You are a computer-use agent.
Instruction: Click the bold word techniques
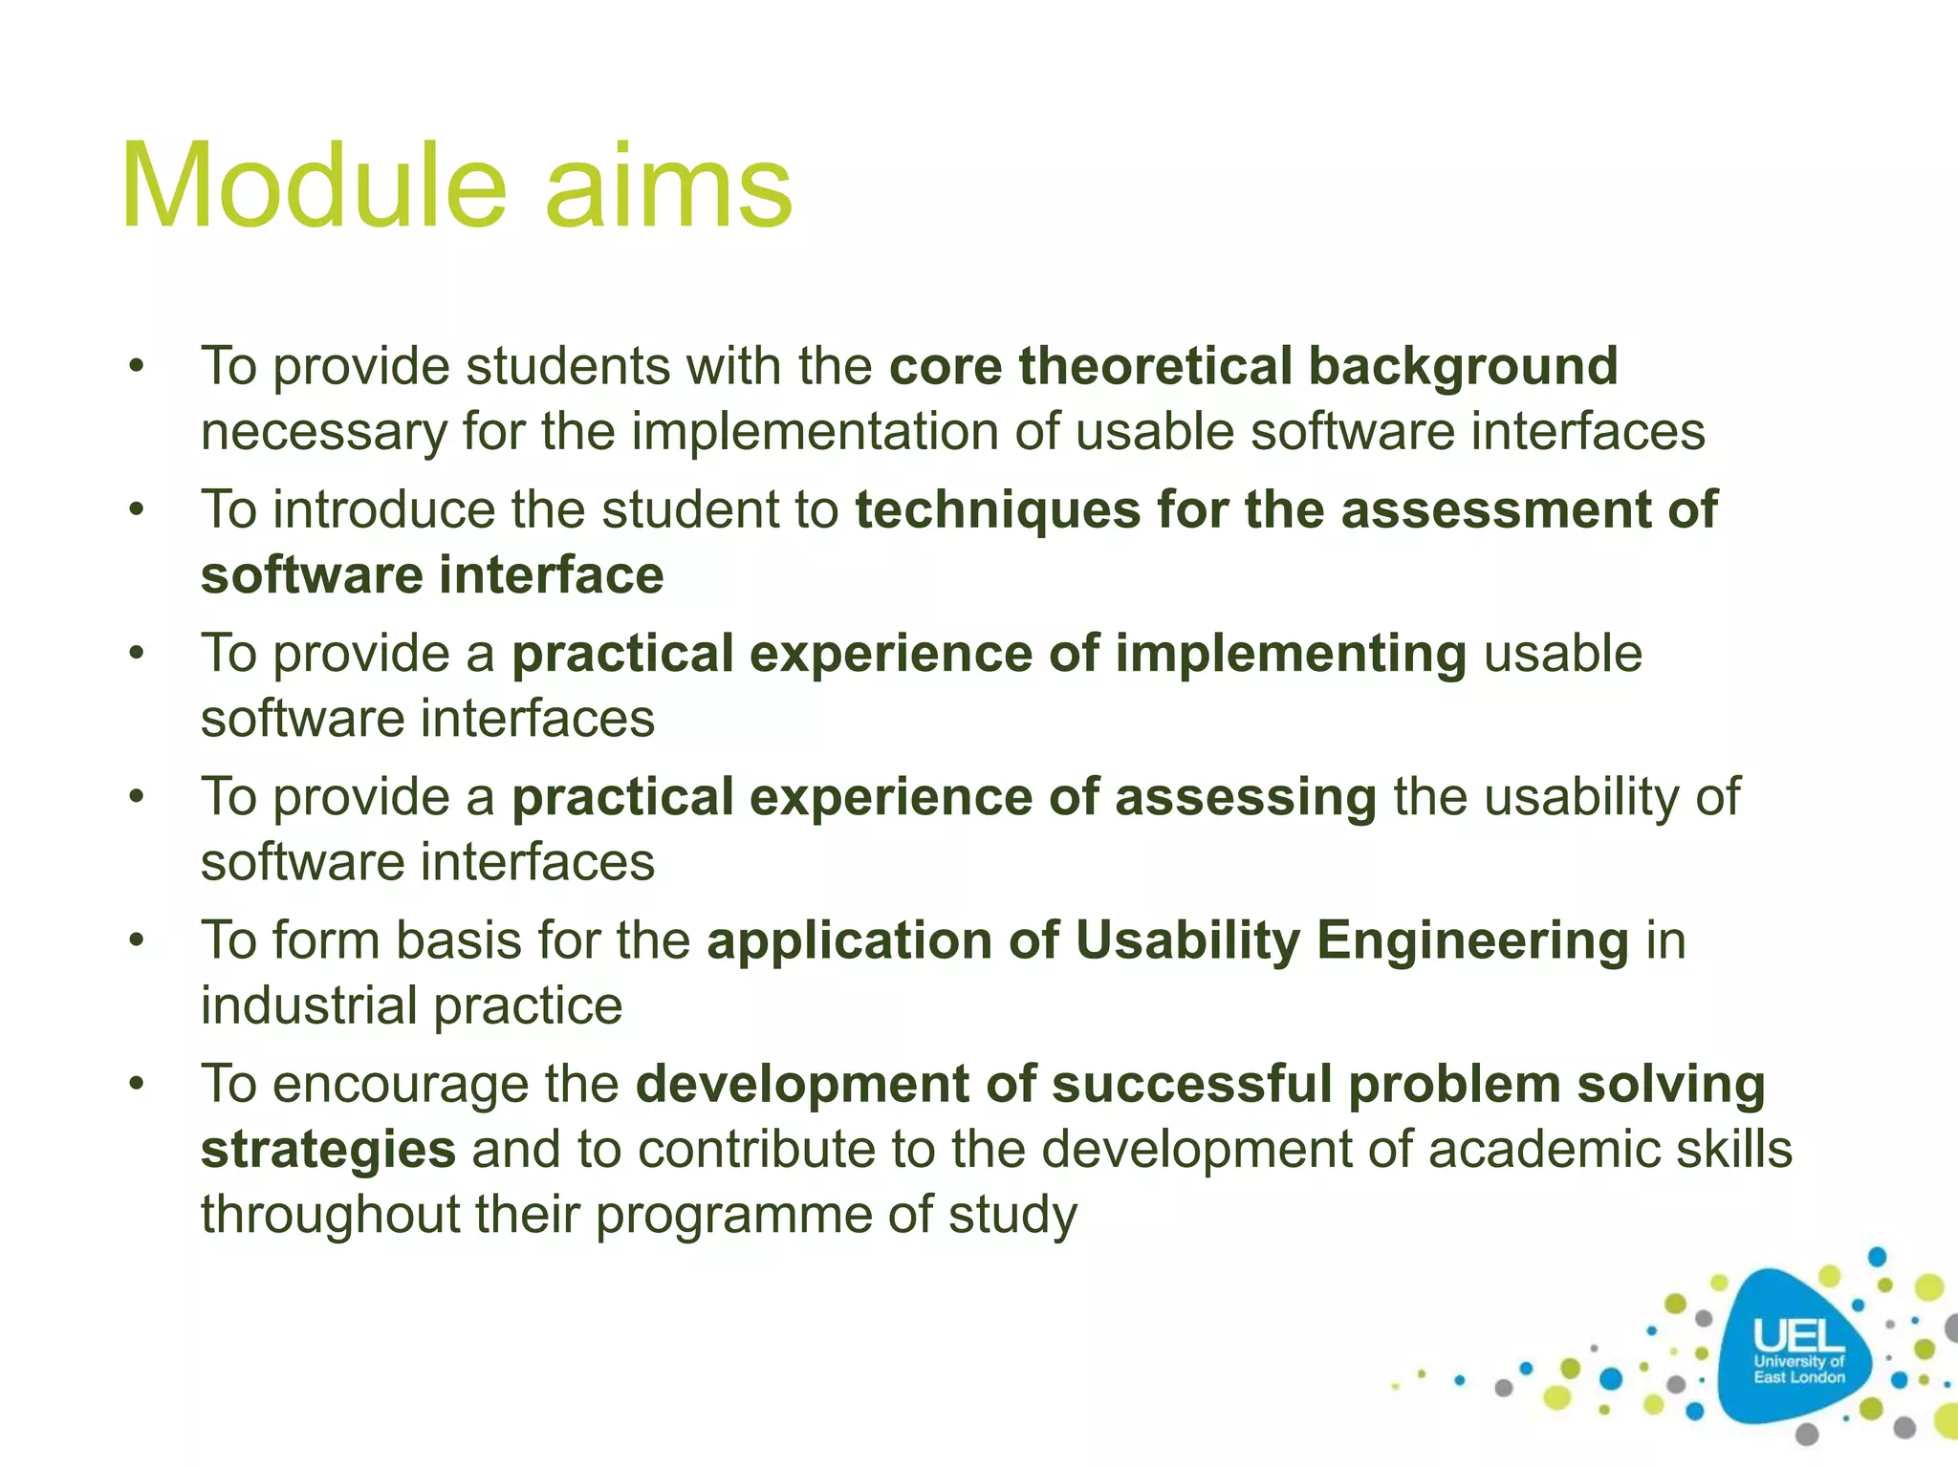pos(997,509)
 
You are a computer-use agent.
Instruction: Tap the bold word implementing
pos(1291,654)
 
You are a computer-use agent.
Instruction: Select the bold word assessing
pos(1246,797)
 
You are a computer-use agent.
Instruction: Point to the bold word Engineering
pos(1472,940)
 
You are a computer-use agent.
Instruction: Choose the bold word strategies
pos(328,1150)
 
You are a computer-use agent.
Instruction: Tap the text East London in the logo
pos(1798,1377)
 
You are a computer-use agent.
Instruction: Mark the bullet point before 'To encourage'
pos(138,1084)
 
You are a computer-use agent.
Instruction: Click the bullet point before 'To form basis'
pos(138,940)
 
